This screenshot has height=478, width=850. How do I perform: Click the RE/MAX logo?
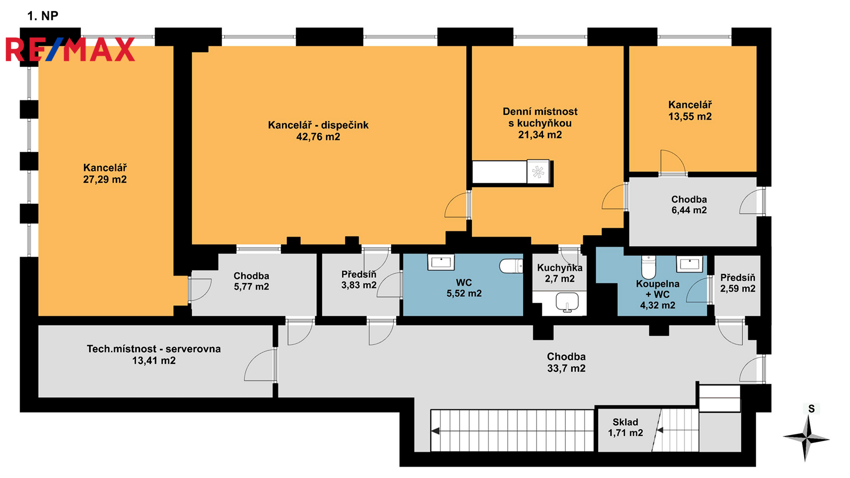click(x=70, y=49)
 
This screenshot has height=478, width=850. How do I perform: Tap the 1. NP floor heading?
click(x=43, y=16)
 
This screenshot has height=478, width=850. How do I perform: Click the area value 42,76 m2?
click(x=318, y=136)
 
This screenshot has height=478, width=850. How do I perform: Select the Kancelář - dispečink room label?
click(x=318, y=131)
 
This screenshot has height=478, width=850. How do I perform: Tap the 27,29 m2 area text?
click(x=105, y=180)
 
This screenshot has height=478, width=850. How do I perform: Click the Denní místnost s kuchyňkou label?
click(x=540, y=123)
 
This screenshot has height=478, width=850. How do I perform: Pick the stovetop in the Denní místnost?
click(x=538, y=172)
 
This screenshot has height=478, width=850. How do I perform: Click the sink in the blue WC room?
click(x=441, y=262)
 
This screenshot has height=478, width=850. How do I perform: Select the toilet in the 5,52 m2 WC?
click(x=511, y=266)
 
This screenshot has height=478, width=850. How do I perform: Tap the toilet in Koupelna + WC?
click(x=649, y=267)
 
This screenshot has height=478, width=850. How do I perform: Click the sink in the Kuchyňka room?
click(x=567, y=302)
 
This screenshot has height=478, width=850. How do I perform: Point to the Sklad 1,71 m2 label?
click(x=625, y=427)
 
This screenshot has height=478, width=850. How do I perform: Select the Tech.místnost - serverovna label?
click(x=154, y=354)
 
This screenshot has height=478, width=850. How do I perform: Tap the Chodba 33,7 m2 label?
click(x=566, y=362)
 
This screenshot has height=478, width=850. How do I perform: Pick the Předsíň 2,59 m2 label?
click(x=738, y=283)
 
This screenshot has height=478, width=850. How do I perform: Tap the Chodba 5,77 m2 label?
click(x=251, y=281)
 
